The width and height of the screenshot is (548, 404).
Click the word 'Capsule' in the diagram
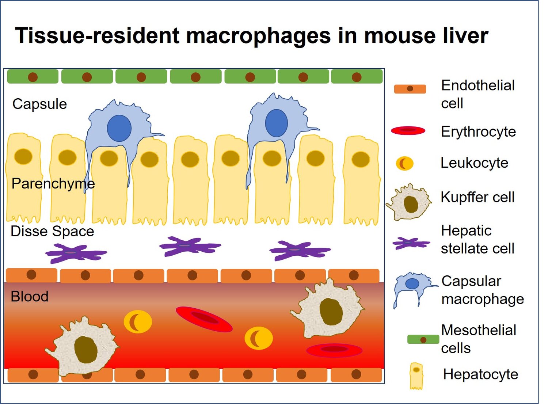tap(39, 104)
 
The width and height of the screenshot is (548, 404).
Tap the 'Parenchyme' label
tap(53, 183)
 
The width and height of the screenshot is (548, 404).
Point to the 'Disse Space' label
tap(52, 231)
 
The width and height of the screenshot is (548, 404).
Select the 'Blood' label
tap(29, 296)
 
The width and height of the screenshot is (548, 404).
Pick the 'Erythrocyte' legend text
tap(478, 132)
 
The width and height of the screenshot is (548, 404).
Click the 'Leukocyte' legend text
tap(474, 163)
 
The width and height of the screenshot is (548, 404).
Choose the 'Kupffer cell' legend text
tap(477, 197)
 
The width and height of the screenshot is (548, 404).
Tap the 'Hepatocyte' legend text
tap(480, 374)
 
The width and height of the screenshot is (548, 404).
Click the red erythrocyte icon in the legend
tap(408, 130)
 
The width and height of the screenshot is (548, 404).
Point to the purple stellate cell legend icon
tap(411, 243)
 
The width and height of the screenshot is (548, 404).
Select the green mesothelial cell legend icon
tap(423, 340)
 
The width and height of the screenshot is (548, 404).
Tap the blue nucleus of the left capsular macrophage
tap(119, 128)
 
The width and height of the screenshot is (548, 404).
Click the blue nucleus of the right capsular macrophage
tap(277, 123)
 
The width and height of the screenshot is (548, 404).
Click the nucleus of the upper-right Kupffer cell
tap(331, 312)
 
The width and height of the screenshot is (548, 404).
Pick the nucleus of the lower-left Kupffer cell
tap(86, 350)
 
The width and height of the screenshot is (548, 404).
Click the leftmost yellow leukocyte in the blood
tap(138, 322)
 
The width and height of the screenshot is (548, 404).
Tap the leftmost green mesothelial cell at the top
tap(33, 77)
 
